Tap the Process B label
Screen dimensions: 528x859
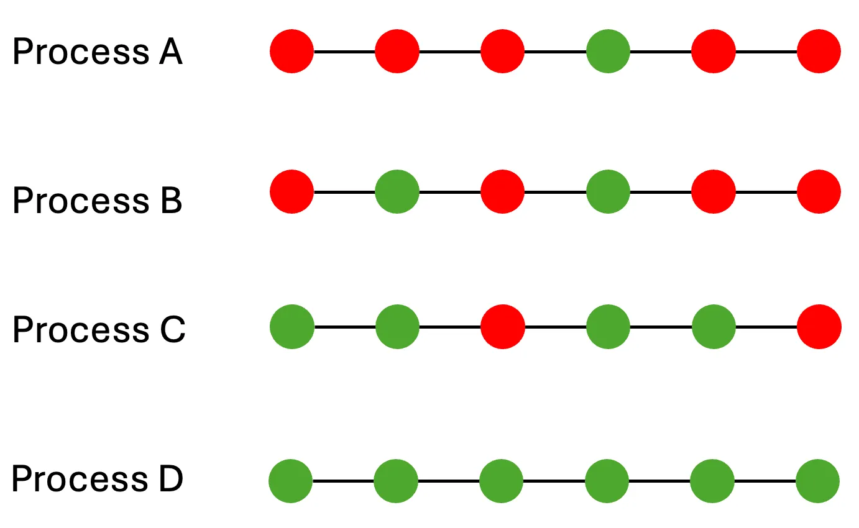coord(97,200)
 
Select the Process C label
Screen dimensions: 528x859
coord(98,329)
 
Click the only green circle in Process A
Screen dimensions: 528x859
coord(608,51)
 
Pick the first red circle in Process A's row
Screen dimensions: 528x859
coord(292,51)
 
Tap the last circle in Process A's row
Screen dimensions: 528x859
coord(819,51)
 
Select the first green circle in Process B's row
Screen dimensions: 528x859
coord(397,191)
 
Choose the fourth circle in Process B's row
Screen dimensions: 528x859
coord(608,191)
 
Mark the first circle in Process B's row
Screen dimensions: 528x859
coord(292,191)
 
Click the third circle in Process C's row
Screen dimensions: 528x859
coord(503,327)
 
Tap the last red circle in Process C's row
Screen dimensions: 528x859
coord(819,327)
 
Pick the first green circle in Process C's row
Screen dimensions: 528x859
coord(292,327)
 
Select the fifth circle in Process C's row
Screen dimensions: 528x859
coord(714,327)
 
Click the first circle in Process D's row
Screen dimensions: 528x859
coord(291,481)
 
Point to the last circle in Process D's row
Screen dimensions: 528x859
coord(817,481)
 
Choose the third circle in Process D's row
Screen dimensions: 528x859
coord(502,481)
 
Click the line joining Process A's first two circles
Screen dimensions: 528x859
coord(344,52)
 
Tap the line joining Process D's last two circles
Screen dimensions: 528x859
coord(765,481)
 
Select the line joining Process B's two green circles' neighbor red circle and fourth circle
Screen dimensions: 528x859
coord(555,192)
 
